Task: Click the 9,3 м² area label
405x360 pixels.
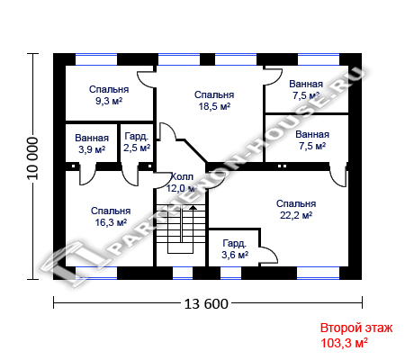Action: pos(109,101)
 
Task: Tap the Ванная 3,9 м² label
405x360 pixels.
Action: pos(92,143)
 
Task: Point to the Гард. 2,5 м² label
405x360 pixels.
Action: pos(137,142)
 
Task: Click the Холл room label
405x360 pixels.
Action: pos(182,176)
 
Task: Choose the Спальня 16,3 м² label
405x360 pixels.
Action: pos(111,217)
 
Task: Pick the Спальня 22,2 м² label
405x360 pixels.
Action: pos(296,210)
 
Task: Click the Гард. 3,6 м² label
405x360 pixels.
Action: pos(235,249)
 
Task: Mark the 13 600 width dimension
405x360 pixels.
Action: pos(206,304)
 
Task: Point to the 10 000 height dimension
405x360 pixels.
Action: pos(33,158)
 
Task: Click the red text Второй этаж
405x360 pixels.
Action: pos(356,328)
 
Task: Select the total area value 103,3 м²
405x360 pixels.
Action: pos(345,343)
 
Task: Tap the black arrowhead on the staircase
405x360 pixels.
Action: pos(193,207)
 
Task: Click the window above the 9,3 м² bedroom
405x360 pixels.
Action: pos(96,59)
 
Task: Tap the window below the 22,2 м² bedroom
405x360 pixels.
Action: pos(318,273)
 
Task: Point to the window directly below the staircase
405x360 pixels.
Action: pos(183,273)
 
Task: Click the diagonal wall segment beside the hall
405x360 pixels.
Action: pos(195,151)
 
